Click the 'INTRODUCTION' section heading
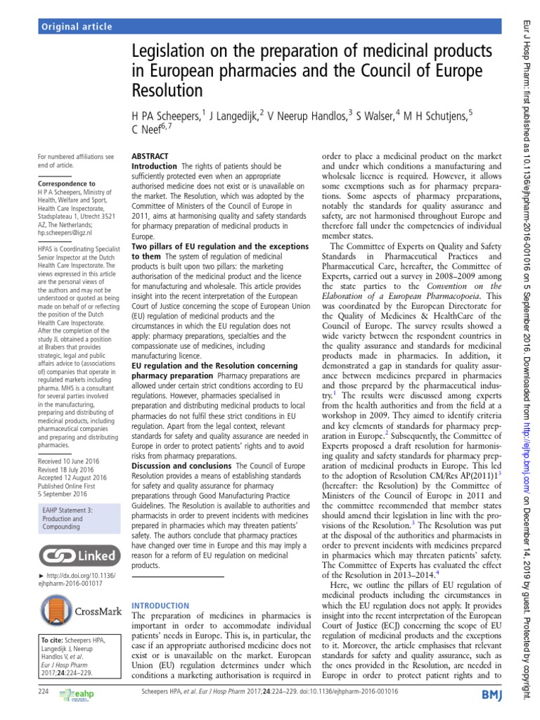pos(161,605)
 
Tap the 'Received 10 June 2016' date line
pos(70,461)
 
